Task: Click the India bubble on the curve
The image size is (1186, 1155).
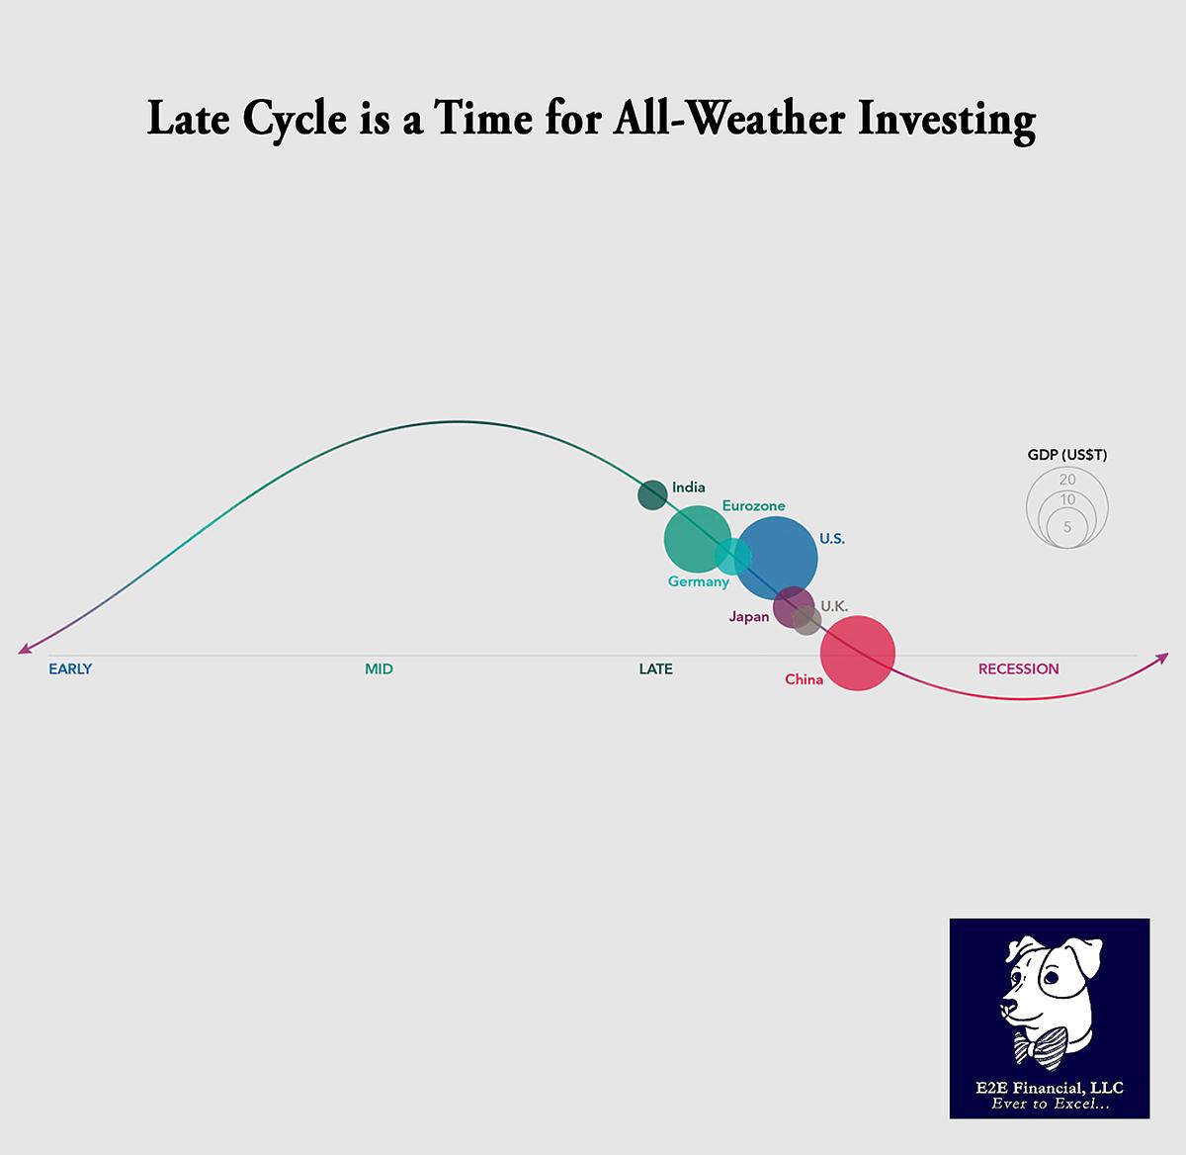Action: [x=652, y=493]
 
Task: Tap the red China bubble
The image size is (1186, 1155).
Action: [x=858, y=653]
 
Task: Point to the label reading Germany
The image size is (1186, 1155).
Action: [x=698, y=581]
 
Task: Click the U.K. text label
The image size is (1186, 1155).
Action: [x=834, y=606]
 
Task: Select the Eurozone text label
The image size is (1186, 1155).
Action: [x=753, y=505]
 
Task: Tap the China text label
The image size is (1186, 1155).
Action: [x=804, y=679]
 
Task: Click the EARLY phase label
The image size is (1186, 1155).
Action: [x=70, y=668]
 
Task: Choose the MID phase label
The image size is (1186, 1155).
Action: [x=379, y=668]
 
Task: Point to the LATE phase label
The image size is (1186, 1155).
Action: [x=655, y=668]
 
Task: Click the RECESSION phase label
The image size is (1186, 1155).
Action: [x=1018, y=668]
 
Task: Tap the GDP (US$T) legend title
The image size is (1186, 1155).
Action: [x=1067, y=455]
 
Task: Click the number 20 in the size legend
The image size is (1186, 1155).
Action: [x=1067, y=480]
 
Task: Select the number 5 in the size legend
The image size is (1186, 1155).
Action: [x=1067, y=527]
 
